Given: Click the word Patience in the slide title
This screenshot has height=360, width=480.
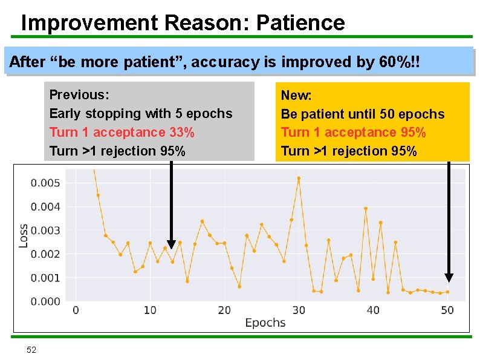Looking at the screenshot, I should click(300, 23).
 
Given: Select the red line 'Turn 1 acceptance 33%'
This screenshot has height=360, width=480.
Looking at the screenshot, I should click(122, 132).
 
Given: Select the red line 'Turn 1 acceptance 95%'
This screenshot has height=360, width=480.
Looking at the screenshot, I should click(353, 133).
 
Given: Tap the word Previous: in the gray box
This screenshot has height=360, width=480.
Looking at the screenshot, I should click(79, 95).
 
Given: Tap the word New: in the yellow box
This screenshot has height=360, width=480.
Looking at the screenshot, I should click(296, 96).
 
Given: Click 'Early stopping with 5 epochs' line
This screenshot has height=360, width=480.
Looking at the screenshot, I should click(140, 114).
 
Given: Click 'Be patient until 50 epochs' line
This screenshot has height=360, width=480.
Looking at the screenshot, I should click(362, 114).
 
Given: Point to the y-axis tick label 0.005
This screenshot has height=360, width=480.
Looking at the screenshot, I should click(45, 183).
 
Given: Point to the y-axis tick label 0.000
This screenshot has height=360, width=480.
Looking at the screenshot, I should click(45, 301).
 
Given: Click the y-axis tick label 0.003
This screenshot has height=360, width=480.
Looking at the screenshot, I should click(45, 231).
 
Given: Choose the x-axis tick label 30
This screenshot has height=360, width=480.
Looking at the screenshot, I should click(299, 310).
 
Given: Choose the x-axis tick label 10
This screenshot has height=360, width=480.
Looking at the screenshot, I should click(150, 310).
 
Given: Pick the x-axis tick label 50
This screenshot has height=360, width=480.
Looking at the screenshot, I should click(447, 310).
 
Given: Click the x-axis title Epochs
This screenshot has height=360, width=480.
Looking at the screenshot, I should click(265, 323).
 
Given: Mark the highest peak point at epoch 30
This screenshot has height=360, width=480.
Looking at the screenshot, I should click(299, 178).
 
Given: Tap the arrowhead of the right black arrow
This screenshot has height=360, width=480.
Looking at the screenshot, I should click(449, 277).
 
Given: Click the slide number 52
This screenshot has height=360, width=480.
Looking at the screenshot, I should click(31, 350).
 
